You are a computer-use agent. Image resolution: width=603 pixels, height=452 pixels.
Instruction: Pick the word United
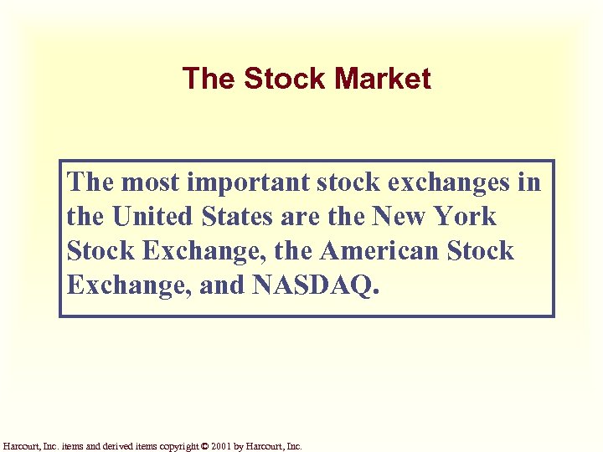[x=155, y=217]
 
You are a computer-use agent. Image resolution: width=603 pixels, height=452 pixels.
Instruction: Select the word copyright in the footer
[x=178, y=446]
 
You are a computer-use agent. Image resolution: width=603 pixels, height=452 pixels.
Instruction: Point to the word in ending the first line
[x=529, y=182]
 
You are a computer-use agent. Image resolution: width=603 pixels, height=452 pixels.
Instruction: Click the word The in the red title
[x=209, y=79]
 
